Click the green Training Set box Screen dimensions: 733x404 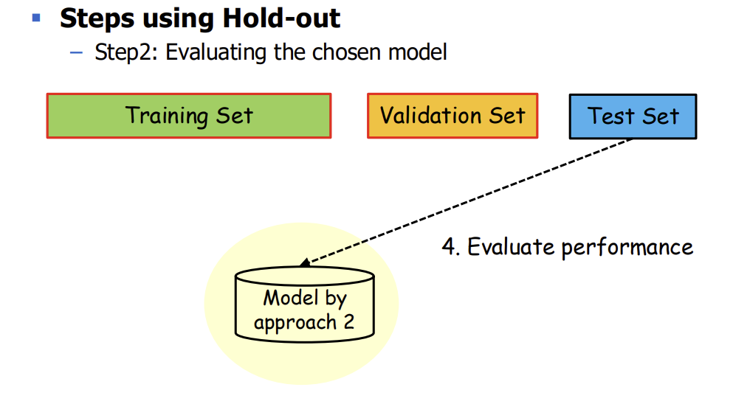coord(189,116)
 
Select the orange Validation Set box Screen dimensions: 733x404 coord(452,116)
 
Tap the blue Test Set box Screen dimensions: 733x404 coord(633,116)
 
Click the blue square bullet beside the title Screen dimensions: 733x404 coord(36,18)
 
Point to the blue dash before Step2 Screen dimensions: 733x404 coord(76,53)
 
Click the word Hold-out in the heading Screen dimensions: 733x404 coord(281,18)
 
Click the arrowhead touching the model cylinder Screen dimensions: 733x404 coord(306,262)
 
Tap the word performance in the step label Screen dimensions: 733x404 coord(627,248)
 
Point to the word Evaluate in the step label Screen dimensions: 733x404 coord(511,246)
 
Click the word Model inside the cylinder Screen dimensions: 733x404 coord(291,298)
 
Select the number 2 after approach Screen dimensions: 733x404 coord(348,321)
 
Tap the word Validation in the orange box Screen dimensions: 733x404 coord(430,115)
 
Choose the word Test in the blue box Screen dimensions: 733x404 coord(610,116)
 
